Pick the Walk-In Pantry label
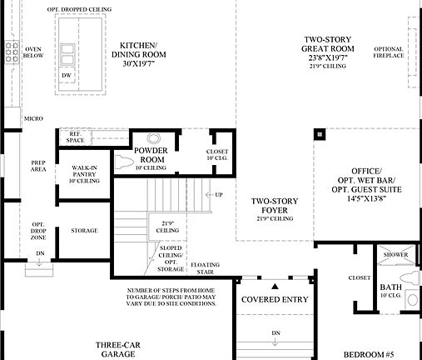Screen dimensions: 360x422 pyautogui.click(x=86, y=172)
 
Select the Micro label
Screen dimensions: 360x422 pyautogui.click(x=34, y=119)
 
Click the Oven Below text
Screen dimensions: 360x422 pyautogui.click(x=34, y=52)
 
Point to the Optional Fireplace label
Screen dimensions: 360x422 pyautogui.click(x=389, y=52)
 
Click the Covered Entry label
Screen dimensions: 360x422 pyautogui.click(x=273, y=298)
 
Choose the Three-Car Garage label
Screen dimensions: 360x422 pyautogui.click(x=116, y=348)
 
